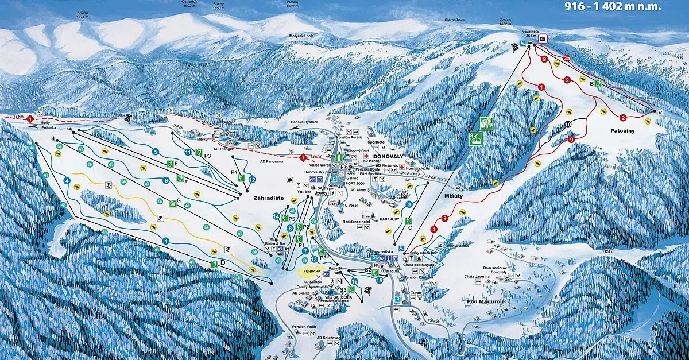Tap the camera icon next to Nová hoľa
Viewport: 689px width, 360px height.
click(x=542, y=39)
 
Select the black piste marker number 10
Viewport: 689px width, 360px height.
click(x=568, y=124)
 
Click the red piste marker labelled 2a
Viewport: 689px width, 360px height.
click(x=567, y=59)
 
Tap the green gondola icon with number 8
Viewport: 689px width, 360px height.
click(x=475, y=138)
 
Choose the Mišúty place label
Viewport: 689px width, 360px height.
click(x=454, y=196)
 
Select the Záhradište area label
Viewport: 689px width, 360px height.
click(x=269, y=198)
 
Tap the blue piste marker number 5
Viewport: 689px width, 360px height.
click(x=155, y=152)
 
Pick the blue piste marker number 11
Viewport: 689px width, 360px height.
click(x=188, y=152)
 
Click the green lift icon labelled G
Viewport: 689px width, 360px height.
click(x=173, y=203)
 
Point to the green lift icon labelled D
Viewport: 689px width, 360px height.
click(x=215, y=263)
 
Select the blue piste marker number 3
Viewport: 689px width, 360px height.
click(x=409, y=204)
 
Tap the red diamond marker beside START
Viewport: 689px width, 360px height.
click(x=303, y=157)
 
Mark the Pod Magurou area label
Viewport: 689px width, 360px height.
click(x=486, y=300)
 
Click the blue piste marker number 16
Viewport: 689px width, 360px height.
click(x=354, y=281)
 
